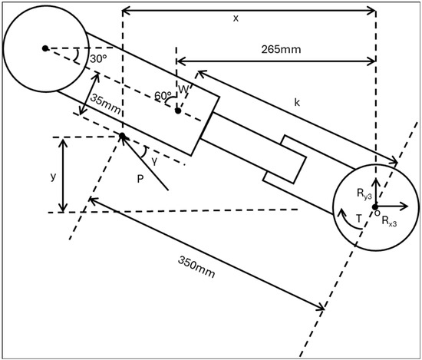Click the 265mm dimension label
point(281,50)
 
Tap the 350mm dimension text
point(196,267)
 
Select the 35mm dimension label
point(106,104)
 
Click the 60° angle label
point(163,95)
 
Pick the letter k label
point(297,102)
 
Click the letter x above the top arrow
point(236,18)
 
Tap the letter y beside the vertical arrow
point(53,177)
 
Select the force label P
point(140,179)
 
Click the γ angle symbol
point(154,160)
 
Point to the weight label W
point(183,89)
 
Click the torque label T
point(358,219)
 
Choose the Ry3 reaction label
point(364,193)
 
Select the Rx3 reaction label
point(389,221)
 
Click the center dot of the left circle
point(45,48)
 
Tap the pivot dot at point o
point(375,206)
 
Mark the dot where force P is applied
point(122,136)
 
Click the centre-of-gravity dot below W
point(178,111)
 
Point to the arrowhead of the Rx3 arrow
point(407,206)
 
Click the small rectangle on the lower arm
point(284,160)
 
